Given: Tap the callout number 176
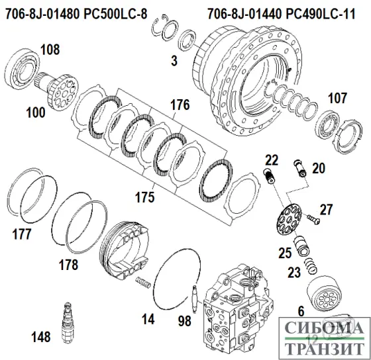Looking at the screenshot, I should pyautogui.click(x=180, y=104).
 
